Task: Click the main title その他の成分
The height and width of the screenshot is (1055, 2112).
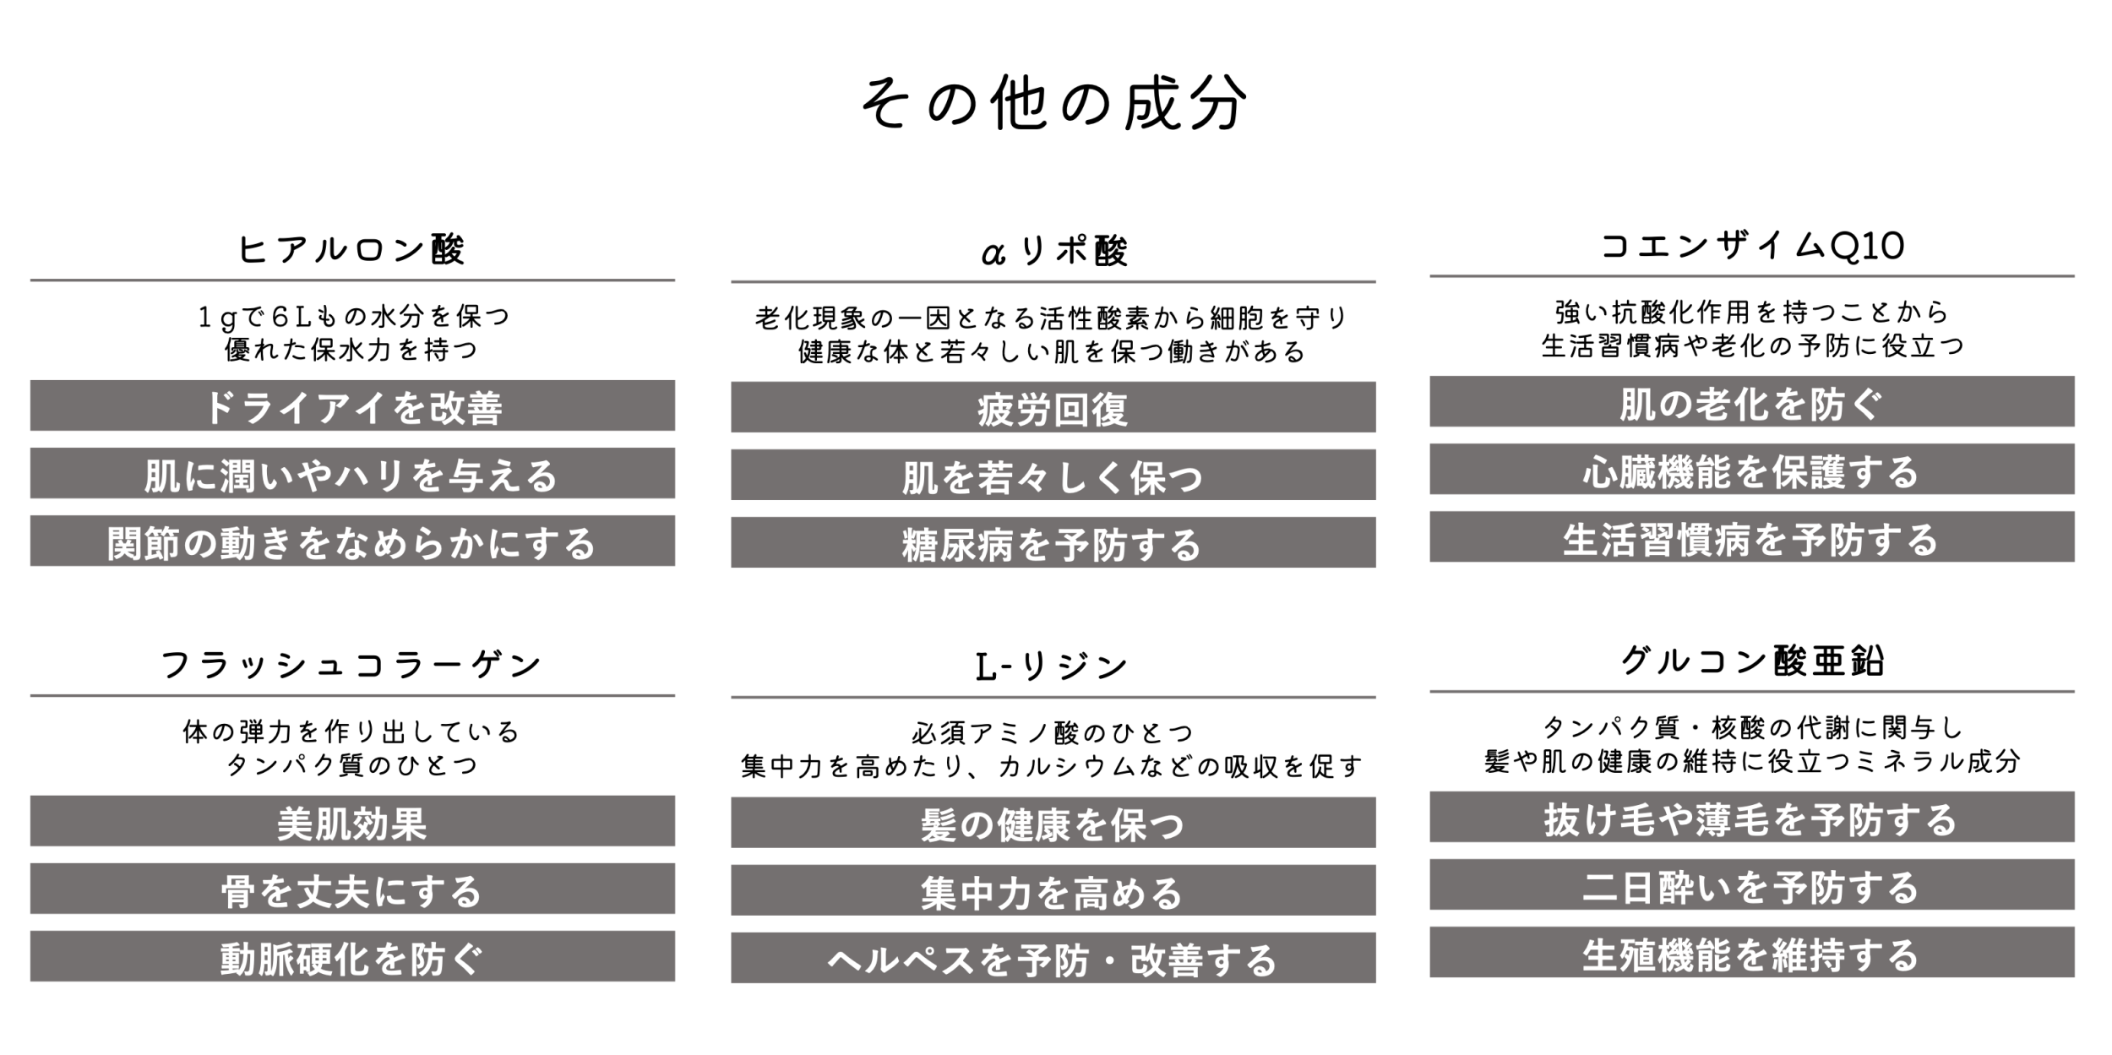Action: pyautogui.click(x=1053, y=104)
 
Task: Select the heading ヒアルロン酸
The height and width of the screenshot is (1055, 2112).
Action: pyautogui.click(x=351, y=249)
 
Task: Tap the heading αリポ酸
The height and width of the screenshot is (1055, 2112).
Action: pyautogui.click(x=1053, y=251)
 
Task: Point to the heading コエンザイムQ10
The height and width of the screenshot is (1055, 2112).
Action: pyautogui.click(x=1752, y=247)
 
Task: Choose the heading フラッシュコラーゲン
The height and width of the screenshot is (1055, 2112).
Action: pyautogui.click(x=351, y=665)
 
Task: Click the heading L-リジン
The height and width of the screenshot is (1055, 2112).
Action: pyautogui.click(x=1052, y=666)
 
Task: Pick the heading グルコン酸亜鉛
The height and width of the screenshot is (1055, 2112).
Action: pyautogui.click(x=1752, y=661)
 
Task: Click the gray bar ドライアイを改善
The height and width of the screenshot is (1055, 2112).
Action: pyautogui.click(x=352, y=405)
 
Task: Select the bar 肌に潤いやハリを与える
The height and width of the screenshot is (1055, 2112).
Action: pyautogui.click(x=352, y=473)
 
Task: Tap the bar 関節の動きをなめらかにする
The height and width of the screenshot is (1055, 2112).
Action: pyautogui.click(x=352, y=541)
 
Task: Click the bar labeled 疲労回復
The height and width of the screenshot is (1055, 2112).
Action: pyautogui.click(x=1053, y=407)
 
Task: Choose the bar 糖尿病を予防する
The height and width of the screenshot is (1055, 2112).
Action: pyautogui.click(x=1053, y=542)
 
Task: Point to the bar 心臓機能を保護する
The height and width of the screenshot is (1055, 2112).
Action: pyautogui.click(x=1752, y=469)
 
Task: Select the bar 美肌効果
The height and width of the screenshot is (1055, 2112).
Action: pyautogui.click(x=352, y=821)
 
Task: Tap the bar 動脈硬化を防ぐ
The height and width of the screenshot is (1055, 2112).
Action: pyautogui.click(x=352, y=956)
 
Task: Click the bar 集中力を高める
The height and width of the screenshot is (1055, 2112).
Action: pyautogui.click(x=1053, y=890)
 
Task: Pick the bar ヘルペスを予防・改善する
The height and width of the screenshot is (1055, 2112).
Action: pyautogui.click(x=1053, y=958)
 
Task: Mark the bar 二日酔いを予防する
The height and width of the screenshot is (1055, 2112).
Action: pyautogui.click(x=1752, y=884)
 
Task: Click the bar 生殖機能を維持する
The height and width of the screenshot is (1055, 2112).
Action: pyautogui.click(x=1752, y=952)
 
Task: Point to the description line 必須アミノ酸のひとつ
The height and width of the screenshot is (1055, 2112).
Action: pyautogui.click(x=1053, y=732)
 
